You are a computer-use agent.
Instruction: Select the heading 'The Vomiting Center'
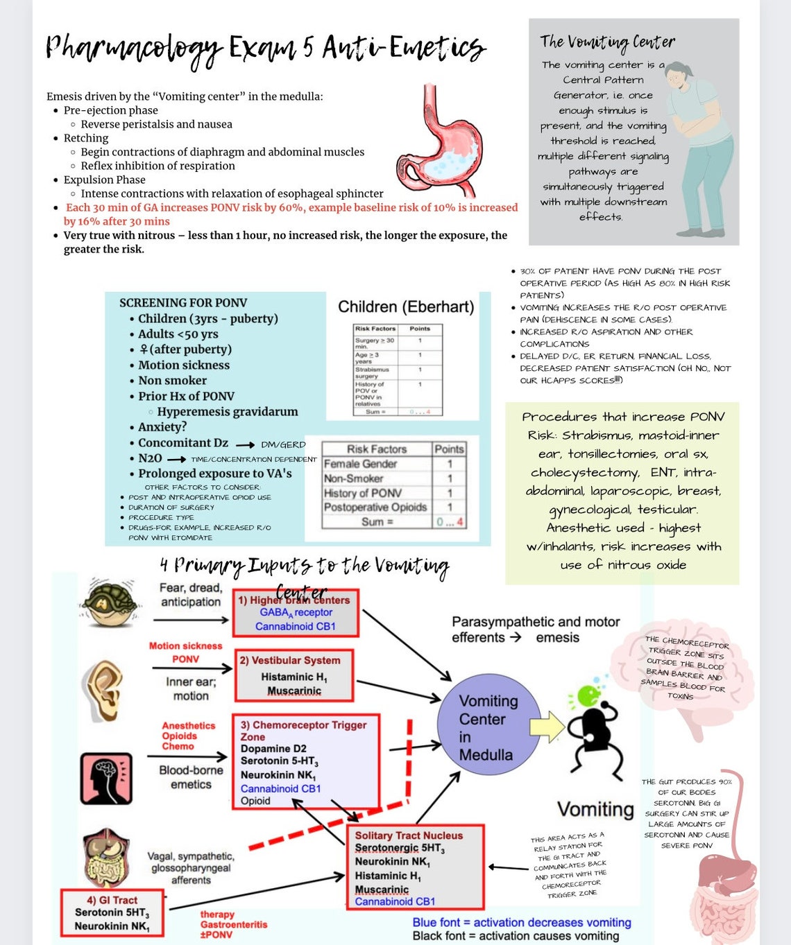607,42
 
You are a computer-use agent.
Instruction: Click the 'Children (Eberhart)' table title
406,306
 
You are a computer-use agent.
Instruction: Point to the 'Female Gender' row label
361,464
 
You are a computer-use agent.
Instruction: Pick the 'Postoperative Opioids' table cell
375,507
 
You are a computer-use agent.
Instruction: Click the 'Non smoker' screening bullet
172,380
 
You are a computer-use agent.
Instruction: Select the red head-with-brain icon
106,777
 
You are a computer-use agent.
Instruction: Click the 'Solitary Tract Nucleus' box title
409,835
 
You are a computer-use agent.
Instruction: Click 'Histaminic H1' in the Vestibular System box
294,677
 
